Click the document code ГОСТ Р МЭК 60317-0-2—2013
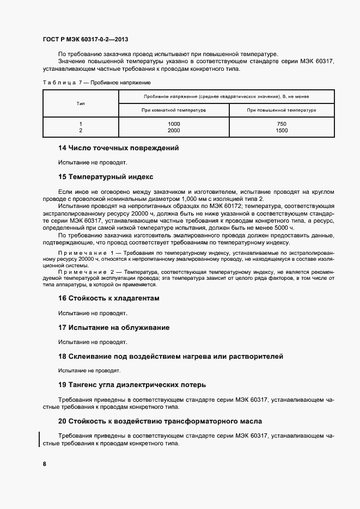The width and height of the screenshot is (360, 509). point(85,40)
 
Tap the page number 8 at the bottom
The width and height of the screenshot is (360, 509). point(45,464)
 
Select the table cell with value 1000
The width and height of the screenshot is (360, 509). point(174,124)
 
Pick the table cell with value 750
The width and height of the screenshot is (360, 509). point(282,124)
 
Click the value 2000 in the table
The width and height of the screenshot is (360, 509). point(174,131)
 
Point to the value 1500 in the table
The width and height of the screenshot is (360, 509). point(282,131)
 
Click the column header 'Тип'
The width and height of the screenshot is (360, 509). point(81,103)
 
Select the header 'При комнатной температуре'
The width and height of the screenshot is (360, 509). point(174,110)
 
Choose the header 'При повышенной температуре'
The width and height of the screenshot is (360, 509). point(282,110)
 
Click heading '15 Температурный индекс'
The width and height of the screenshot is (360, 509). point(106,177)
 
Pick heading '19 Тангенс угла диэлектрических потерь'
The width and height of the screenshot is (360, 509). point(132,385)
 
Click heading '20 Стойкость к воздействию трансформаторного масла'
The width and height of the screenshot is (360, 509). point(160,421)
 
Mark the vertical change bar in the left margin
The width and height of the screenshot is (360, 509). point(39,439)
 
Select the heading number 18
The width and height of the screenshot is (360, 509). point(62,356)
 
